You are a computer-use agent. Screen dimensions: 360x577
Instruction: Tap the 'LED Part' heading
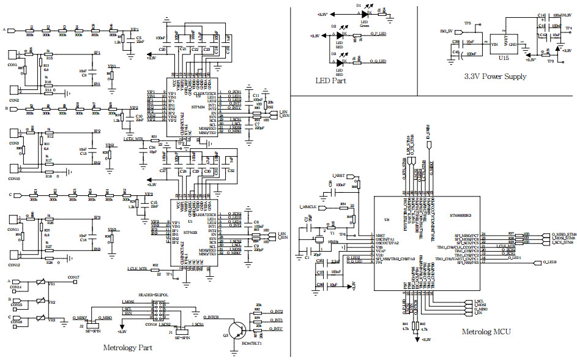click(x=330, y=80)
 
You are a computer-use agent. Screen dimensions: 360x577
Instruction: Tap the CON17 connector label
click(x=73, y=277)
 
